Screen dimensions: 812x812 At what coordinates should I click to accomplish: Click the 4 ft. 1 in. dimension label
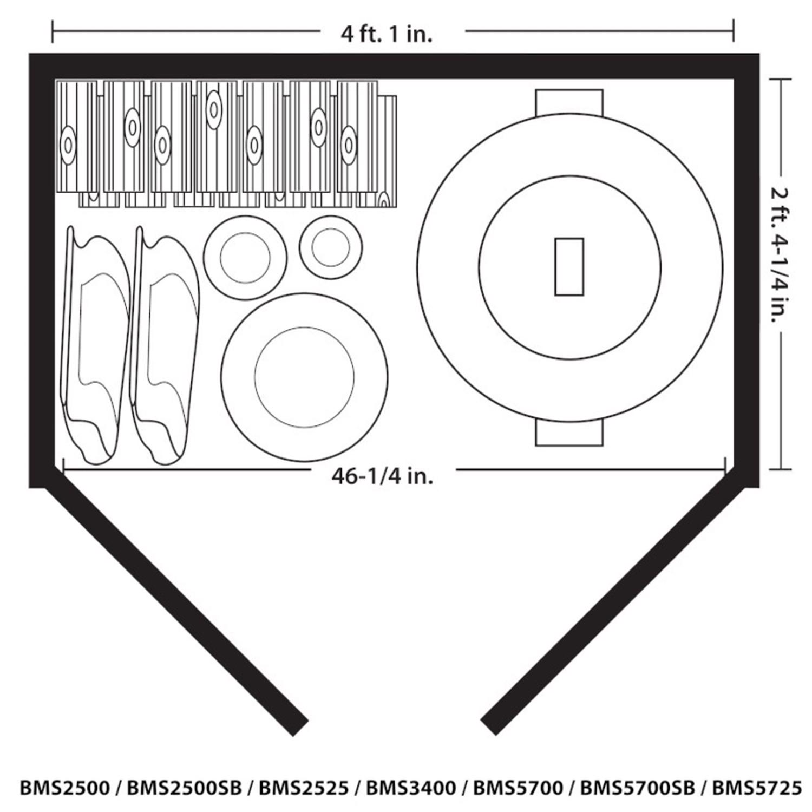tap(387, 34)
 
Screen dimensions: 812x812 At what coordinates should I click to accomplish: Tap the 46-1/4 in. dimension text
tap(382, 476)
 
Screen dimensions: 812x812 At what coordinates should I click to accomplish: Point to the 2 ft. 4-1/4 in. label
tap(780, 254)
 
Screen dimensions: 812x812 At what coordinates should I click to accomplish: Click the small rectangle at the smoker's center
tap(569, 267)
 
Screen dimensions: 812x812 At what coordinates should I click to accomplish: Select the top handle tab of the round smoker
tap(569, 101)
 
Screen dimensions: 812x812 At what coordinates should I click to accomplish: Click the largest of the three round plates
tap(304, 377)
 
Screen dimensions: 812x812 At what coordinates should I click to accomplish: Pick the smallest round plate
tap(330, 247)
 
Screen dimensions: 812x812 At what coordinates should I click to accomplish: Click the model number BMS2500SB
tap(184, 788)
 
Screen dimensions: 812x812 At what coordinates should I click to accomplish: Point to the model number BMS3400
tap(411, 788)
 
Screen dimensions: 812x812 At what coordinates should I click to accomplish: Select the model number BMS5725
tap(756, 788)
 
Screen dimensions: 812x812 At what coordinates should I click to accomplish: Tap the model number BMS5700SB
tap(637, 788)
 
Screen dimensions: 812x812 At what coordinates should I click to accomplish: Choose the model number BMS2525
tap(304, 788)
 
